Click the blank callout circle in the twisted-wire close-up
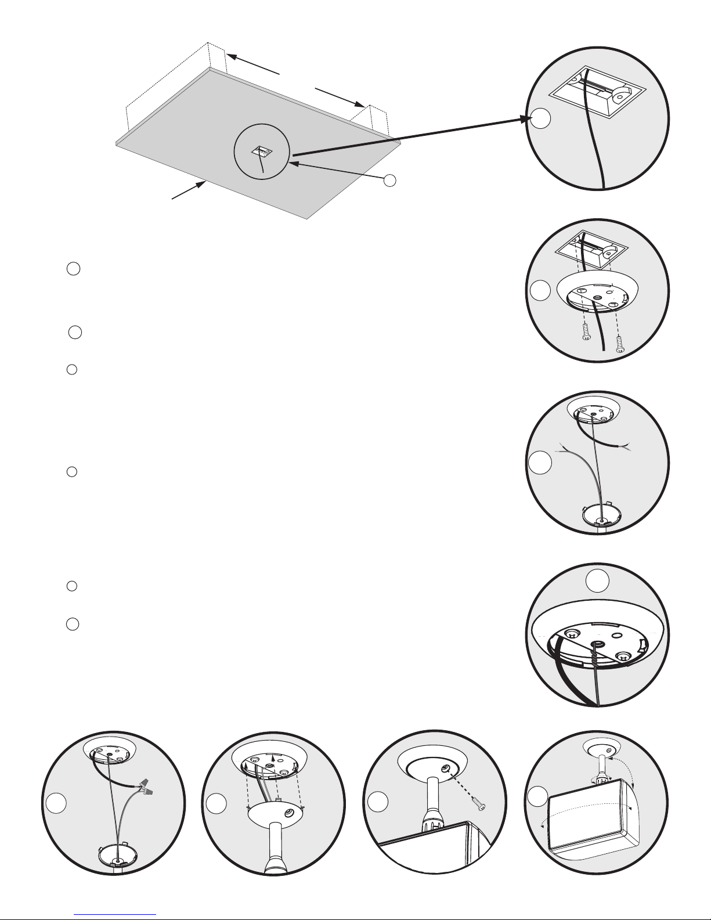(x=597, y=580)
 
